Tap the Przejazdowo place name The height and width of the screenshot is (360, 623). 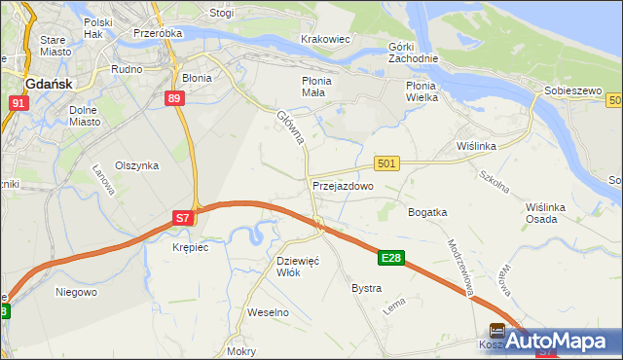point(343,186)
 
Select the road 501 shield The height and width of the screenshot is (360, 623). point(385,164)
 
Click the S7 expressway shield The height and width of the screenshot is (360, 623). point(183,218)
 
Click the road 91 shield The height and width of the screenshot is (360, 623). point(18,103)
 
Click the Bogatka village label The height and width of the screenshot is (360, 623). point(427,211)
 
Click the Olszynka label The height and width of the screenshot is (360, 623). point(136,165)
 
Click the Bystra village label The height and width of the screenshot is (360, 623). point(366,289)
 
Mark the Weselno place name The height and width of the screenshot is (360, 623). point(269,312)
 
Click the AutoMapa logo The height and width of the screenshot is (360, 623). point(564,342)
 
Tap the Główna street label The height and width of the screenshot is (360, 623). point(291,127)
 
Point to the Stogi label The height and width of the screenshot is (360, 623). point(221,14)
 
